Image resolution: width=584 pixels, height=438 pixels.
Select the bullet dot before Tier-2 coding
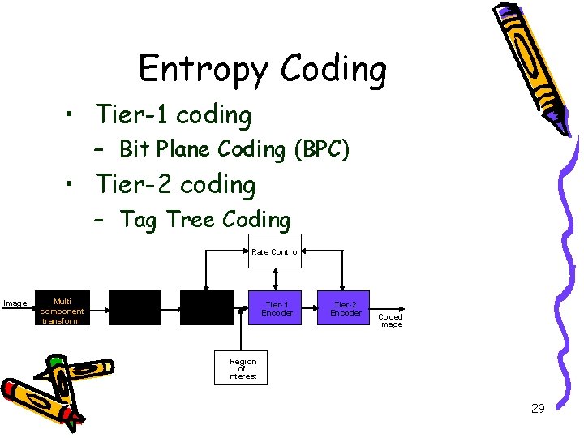click(x=73, y=186)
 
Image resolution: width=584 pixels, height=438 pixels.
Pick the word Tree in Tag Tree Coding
click(x=191, y=220)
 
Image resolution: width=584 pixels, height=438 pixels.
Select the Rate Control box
click(x=275, y=252)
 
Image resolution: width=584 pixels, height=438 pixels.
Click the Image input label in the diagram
click(x=15, y=303)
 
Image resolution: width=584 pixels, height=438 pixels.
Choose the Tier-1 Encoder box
click(x=277, y=308)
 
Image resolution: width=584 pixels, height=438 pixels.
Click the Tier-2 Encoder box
click(x=346, y=308)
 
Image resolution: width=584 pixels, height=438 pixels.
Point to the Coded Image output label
click(x=390, y=320)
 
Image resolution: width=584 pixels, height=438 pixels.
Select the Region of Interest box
click(x=243, y=368)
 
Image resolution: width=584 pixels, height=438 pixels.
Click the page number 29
click(x=537, y=409)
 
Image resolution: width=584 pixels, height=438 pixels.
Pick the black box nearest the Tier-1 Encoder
click(x=206, y=308)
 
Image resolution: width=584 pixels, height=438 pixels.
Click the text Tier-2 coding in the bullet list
click(x=175, y=186)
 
